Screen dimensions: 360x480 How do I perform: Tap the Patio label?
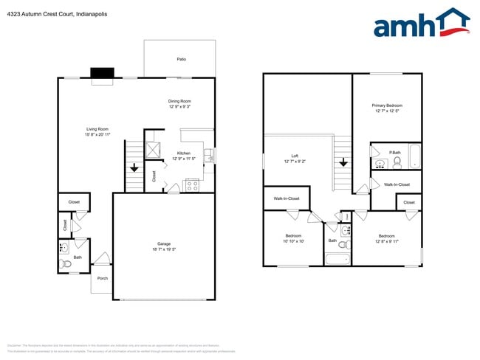click(181, 59)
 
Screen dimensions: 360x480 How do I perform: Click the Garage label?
click(164, 243)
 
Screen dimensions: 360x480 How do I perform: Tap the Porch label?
click(102, 278)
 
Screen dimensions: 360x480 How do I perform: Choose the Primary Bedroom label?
click(386, 105)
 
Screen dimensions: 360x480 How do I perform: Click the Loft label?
click(295, 156)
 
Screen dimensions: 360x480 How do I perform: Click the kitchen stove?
click(192, 184)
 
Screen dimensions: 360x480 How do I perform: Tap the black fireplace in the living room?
click(103, 72)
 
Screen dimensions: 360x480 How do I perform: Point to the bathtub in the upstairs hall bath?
click(337, 258)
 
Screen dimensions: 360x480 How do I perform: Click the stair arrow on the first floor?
click(134, 168)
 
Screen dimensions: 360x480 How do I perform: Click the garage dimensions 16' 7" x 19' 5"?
click(164, 249)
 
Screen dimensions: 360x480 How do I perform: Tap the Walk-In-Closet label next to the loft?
click(287, 198)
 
